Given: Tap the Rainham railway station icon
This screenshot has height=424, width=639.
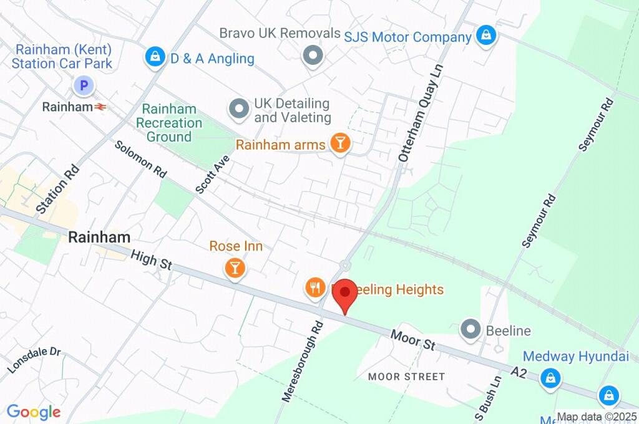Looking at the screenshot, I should coord(100,107).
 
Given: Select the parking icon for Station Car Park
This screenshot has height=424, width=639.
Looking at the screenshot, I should coord(83,85).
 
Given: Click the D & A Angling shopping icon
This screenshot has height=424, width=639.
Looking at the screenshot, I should coord(154,58).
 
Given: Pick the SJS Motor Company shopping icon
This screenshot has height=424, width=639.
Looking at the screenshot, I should coord(485,36).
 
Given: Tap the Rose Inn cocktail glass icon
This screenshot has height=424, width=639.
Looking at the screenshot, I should coord(235,268).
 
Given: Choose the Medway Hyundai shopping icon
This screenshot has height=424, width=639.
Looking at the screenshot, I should coord(550,377).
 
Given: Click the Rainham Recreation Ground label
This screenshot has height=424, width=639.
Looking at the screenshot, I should coord(169,123).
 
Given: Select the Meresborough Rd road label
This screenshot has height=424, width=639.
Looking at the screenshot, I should coord(301,361).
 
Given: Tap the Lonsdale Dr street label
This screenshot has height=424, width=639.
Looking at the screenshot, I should coord(35,360).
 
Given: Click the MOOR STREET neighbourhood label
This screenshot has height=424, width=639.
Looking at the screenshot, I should coord(406,377).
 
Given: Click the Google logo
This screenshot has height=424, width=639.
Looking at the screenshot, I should coord(34,412).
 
